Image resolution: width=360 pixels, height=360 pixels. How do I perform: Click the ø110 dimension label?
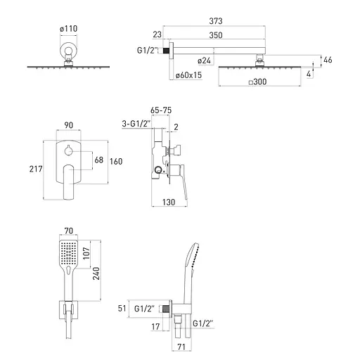68,29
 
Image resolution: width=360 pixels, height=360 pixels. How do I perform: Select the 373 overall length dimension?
216,21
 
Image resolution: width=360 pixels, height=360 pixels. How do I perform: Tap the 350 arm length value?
216,35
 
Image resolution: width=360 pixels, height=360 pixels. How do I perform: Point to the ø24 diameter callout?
204,60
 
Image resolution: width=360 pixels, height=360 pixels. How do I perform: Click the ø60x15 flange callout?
188,75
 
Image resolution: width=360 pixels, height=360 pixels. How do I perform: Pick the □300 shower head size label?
257,82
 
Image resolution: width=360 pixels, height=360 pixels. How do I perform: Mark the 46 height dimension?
328,60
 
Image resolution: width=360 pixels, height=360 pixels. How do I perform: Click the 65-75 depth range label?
161,110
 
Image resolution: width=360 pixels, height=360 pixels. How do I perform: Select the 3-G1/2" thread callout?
136,124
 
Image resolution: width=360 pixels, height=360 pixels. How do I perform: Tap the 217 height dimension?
36,169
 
